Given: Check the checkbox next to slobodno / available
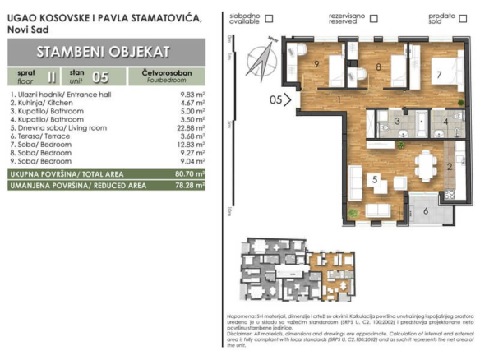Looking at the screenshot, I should [x=270, y=18].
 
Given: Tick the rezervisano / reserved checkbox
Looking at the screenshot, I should [x=372, y=18].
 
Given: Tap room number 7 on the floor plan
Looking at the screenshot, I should [x=440, y=75].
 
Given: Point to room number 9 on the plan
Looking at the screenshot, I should [x=315, y=63].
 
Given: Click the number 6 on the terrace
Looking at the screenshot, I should [x=426, y=210].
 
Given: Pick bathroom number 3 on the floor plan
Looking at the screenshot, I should [x=396, y=122].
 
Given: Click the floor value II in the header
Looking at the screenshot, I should [x=53, y=77].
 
